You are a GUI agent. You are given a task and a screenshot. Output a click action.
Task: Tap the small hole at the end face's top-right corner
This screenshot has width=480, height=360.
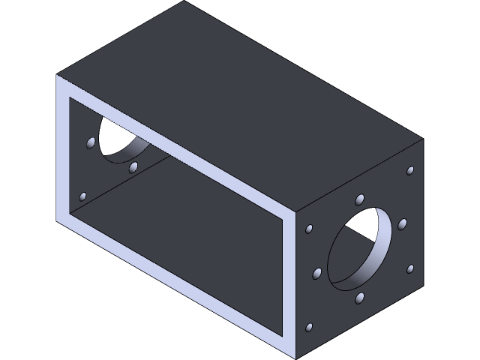point(410,171)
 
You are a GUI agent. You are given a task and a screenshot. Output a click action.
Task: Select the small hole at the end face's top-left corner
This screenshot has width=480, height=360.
point(309,228)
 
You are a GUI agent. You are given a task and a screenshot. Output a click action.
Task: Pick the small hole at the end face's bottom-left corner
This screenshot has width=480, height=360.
point(309,328)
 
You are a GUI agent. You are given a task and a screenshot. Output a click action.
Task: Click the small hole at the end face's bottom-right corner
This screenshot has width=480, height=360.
point(410,268)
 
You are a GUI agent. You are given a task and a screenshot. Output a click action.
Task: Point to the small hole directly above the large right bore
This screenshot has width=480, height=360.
point(360,199)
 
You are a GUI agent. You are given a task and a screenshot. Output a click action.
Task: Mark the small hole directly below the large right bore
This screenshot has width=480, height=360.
point(360,298)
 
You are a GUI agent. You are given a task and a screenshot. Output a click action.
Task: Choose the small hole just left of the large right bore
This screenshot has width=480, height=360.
point(316,273)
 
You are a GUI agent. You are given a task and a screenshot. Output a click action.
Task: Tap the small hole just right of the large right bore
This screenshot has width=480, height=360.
point(402,224)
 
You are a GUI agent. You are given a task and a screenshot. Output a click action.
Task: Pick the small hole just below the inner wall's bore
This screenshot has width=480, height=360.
point(133,167)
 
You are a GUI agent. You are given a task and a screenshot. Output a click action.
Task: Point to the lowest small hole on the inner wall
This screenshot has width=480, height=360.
point(83,196)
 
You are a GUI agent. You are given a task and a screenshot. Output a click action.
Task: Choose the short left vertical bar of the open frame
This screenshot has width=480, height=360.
point(63,150)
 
